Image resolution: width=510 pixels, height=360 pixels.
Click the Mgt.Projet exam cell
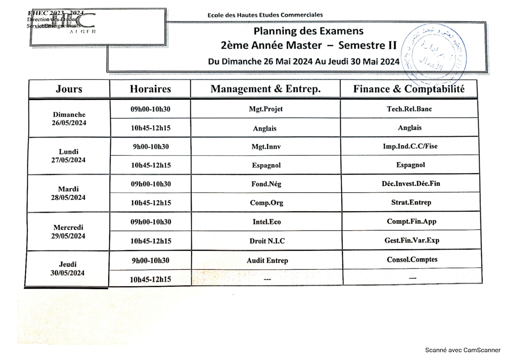pos(266,109)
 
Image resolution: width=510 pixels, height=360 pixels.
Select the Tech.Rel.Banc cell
pos(409,109)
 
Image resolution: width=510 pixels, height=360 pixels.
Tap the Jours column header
pos(69,89)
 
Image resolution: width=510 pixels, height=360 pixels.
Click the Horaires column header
pos(150,89)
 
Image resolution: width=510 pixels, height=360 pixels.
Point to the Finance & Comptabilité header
pos(409,89)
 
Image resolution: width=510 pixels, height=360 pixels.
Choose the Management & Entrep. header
pos(265,89)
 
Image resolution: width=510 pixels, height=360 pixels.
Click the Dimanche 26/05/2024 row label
pos(69,118)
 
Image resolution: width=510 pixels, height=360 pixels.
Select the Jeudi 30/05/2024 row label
pos(67,268)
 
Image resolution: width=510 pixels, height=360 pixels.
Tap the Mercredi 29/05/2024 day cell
pos(68,232)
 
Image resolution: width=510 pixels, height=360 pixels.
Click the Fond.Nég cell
pos(266,184)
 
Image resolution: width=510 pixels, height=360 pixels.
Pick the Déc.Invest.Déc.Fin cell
pos(411,183)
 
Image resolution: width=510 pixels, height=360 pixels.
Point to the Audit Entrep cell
pos(267,260)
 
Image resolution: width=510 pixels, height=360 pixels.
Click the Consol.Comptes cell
pos(412,259)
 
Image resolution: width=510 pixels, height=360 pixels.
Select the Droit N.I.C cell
pos(267,241)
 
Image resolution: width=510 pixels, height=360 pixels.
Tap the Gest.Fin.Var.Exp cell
pos(412,240)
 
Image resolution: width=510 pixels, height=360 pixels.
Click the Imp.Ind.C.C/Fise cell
pos(410,146)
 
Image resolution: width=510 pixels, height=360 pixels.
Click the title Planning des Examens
pos(308,31)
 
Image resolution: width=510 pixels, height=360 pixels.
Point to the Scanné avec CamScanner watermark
pos(463,350)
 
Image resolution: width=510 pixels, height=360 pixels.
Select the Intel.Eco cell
pos(267,222)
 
